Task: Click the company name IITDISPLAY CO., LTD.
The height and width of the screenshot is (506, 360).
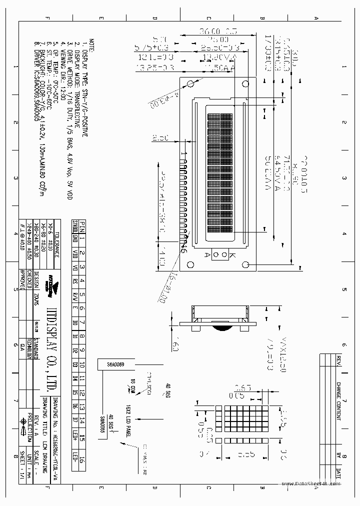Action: click(x=53, y=337)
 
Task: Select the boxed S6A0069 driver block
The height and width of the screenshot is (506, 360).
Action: click(x=114, y=365)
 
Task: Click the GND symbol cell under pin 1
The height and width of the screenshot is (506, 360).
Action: click(x=74, y=238)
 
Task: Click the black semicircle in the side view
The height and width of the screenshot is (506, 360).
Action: click(x=221, y=328)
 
